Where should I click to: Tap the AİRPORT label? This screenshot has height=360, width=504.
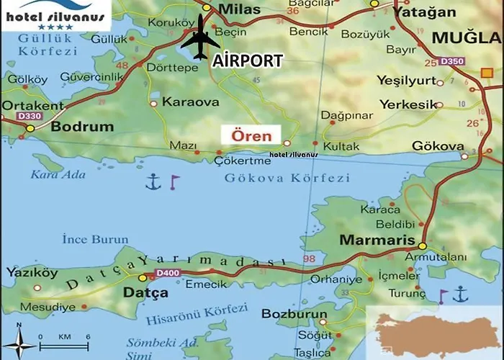click(x=247, y=61)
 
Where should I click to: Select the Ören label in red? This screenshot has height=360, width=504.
click(x=251, y=135)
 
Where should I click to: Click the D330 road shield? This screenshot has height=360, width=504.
click(x=29, y=116)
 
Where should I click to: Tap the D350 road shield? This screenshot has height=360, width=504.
click(x=452, y=61)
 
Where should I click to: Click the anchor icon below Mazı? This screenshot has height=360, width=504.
click(x=152, y=182)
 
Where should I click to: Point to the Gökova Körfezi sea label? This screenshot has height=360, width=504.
click(x=286, y=178)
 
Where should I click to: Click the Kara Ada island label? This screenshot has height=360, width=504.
click(x=58, y=174)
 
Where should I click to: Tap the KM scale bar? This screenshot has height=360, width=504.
click(x=63, y=345)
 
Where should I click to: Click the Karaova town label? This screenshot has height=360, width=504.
click(x=190, y=102)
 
